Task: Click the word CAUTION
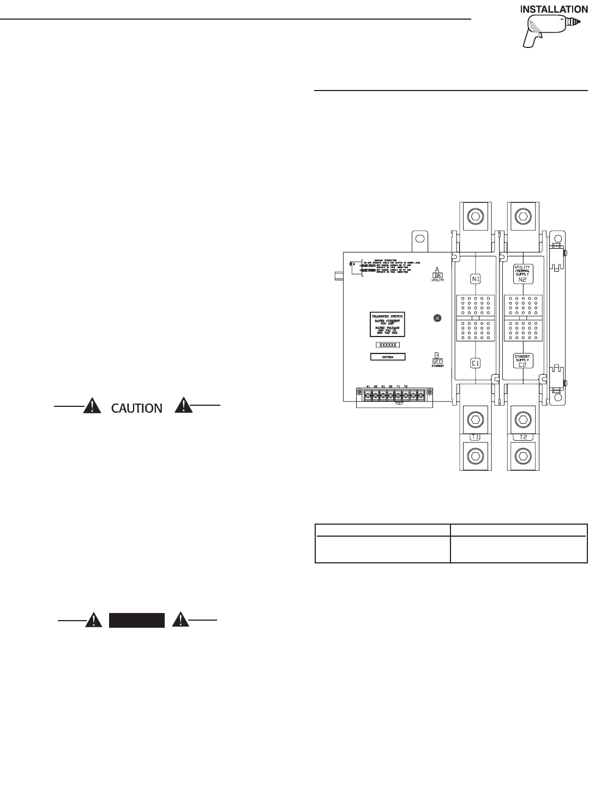[137, 407]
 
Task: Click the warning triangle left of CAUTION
[93, 406]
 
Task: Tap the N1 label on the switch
[475, 279]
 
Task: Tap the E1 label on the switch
[475, 362]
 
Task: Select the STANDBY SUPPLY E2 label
[522, 361]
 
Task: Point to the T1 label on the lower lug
[475, 436]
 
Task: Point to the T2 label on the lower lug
[522, 436]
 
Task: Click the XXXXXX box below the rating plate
[388, 345]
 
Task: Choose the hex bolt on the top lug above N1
[475, 217]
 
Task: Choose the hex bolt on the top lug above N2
[522, 217]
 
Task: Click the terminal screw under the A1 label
[360, 394]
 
